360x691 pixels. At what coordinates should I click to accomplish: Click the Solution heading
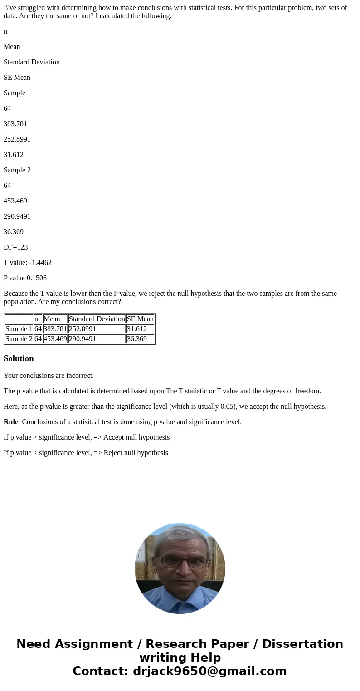[x=19, y=358]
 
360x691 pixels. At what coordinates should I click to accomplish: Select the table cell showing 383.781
[x=55, y=329]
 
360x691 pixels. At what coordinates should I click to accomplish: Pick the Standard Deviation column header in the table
[x=97, y=319]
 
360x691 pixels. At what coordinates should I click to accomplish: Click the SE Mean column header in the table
[x=140, y=319]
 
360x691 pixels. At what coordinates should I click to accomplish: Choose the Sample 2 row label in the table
[x=19, y=339]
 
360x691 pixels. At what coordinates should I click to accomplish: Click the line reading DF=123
[x=16, y=247]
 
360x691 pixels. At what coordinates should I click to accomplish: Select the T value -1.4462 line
[x=28, y=263]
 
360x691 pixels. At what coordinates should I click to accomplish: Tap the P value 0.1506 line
[x=25, y=278]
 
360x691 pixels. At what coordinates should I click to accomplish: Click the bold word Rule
[x=11, y=422]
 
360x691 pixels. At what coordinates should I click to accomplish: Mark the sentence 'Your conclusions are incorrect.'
[x=49, y=376]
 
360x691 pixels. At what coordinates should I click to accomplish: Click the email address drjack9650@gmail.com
[x=209, y=671]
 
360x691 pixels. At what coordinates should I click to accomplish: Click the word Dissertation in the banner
[x=302, y=644]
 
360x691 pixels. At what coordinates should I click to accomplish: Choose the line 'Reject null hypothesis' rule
[x=86, y=453]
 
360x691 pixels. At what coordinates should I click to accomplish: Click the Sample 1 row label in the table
[x=19, y=329]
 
